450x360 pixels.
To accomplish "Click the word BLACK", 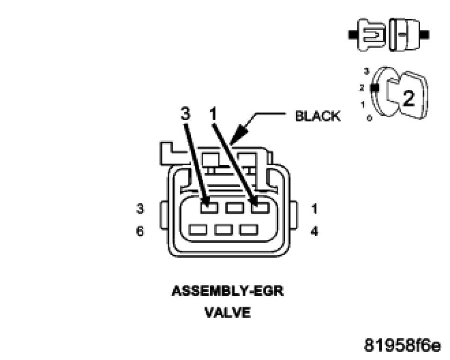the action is pos(318,116).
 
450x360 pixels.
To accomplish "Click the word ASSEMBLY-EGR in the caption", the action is pos(228,291).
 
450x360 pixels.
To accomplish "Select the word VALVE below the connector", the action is pos(228,312).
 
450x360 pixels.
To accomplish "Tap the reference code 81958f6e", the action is pos(402,345).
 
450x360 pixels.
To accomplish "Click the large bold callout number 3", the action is pos(185,114).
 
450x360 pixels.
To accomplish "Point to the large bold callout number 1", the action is pos(213,114).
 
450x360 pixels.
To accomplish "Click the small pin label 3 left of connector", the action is pos(140,208).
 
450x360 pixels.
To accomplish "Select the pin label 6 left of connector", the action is pos(140,231).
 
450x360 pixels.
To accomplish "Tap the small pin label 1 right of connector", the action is pos(315,209).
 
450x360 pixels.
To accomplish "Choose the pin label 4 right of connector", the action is pos(315,231).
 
